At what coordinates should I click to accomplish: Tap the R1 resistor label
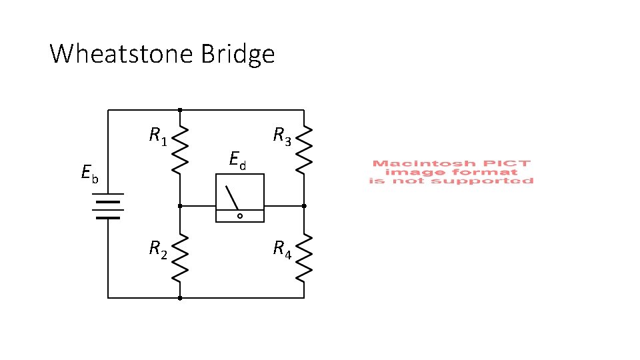pyautogui.click(x=158, y=137)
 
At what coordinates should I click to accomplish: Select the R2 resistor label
pyautogui.click(x=158, y=250)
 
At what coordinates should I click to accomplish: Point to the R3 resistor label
pyautogui.click(x=282, y=137)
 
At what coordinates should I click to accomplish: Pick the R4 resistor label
pyautogui.click(x=282, y=250)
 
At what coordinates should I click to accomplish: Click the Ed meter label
pyautogui.click(x=237, y=160)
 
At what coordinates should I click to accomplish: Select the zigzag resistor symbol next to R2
pyautogui.click(x=180, y=257)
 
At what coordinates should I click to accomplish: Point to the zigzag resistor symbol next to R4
pyautogui.click(x=304, y=257)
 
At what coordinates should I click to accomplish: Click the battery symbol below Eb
pyautogui.click(x=107, y=207)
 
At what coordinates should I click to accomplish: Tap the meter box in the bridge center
pyautogui.click(x=239, y=198)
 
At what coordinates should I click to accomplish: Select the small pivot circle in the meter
pyautogui.click(x=240, y=216)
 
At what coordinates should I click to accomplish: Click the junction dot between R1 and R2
pyautogui.click(x=180, y=207)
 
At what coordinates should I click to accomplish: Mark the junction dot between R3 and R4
pyautogui.click(x=304, y=207)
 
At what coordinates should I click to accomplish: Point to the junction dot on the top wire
pyautogui.click(x=180, y=109)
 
